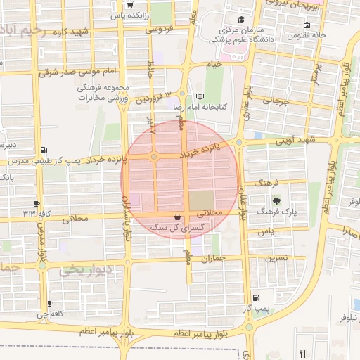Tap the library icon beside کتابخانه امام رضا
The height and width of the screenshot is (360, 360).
[x=200, y=96]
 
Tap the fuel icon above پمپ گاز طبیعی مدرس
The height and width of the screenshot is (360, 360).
[x=45, y=150]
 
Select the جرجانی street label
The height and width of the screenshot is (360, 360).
[x=276, y=101]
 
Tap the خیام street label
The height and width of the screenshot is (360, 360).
[x=214, y=64]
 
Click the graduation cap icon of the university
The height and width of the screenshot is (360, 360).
[x=241, y=19]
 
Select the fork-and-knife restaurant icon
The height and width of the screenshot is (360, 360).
[x=303, y=354]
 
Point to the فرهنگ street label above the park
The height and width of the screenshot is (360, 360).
[x=270, y=182]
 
